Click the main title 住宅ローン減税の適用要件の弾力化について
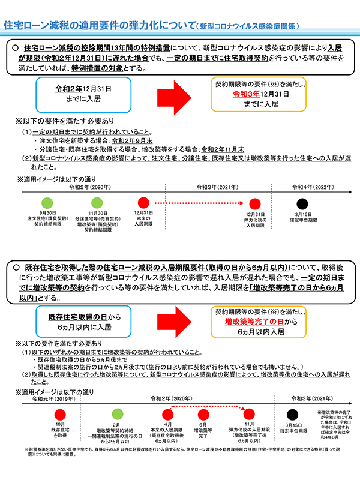(99, 26)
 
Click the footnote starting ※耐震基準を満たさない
(180, 452)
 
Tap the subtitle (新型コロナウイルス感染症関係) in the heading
(247, 27)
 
